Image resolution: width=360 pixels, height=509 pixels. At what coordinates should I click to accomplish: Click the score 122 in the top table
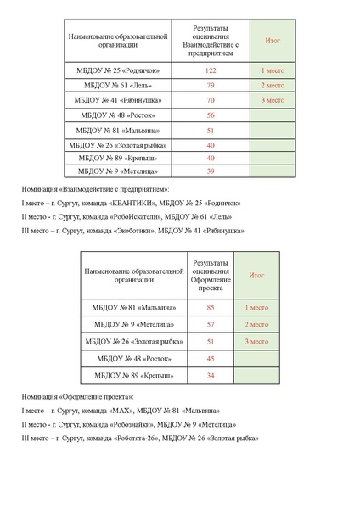pos(210,70)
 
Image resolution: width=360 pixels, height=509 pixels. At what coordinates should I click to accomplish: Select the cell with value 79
pos(210,86)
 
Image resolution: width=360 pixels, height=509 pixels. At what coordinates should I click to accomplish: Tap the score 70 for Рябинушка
pos(210,100)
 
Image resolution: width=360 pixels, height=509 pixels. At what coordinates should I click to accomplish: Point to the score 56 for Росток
pos(210,115)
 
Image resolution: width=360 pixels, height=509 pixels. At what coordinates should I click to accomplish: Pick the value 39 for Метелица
pos(210,171)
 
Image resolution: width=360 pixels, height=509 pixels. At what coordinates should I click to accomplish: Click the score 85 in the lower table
pos(210,308)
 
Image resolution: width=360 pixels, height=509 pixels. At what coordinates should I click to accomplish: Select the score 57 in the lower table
pos(210,324)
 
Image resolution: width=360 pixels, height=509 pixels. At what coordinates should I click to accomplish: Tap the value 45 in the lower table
pos(210,358)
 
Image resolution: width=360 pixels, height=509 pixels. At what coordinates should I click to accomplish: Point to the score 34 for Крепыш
pos(210,375)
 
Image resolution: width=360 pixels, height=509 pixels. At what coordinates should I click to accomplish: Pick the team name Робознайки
pos(130,424)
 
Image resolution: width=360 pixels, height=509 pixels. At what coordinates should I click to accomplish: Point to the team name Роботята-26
pos(131,438)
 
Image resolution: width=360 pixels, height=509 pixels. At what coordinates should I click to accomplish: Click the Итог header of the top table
pos(273,40)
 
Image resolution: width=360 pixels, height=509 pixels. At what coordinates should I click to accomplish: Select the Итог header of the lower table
pos(256,276)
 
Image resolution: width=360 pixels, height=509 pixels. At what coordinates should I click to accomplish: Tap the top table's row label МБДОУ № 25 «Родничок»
pos(119,70)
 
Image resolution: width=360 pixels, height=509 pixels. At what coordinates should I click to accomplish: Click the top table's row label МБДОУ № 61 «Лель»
pos(119,86)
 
